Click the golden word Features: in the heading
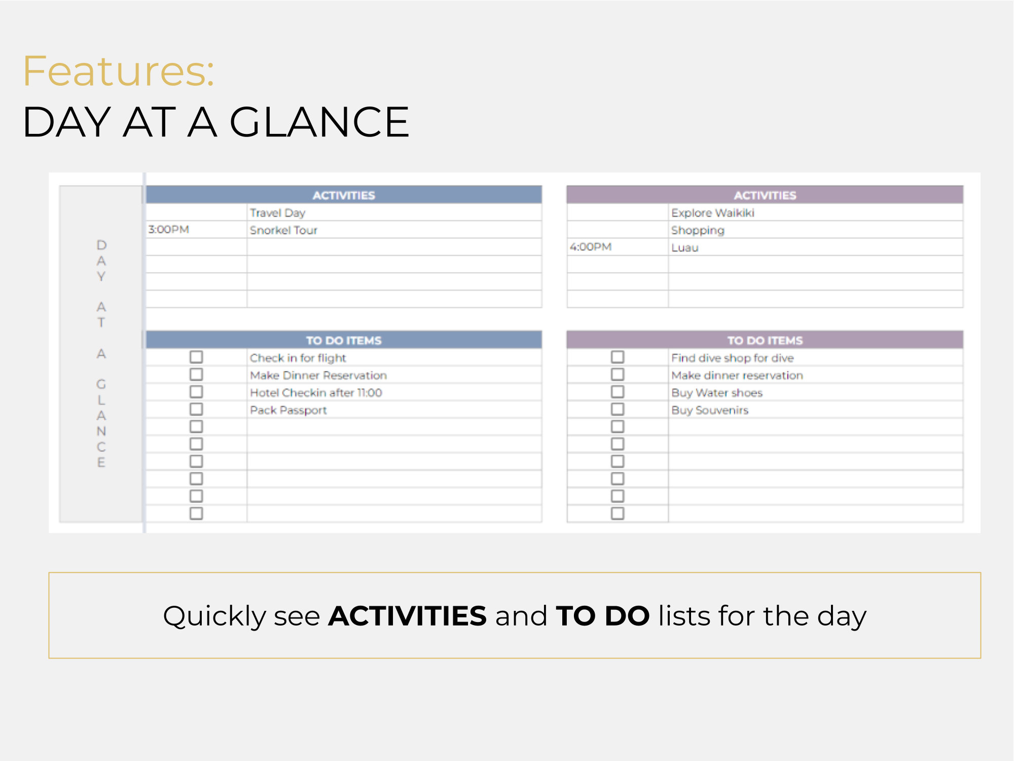click(x=119, y=71)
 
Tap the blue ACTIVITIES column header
click(x=344, y=195)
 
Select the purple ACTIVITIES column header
click(x=765, y=195)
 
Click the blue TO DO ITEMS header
click(x=344, y=340)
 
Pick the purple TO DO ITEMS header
click(x=765, y=340)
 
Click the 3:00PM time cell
click(x=169, y=229)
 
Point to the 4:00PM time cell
click(x=591, y=247)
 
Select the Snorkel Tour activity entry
click(x=283, y=230)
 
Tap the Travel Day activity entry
click(x=277, y=213)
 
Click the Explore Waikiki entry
click(x=712, y=213)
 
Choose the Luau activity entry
click(x=685, y=248)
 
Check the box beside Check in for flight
click(x=196, y=357)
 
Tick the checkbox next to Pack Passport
click(x=196, y=409)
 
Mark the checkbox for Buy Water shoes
click(x=618, y=392)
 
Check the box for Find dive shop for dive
click(x=618, y=357)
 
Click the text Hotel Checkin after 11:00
click(x=316, y=393)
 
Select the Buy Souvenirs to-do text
click(x=710, y=410)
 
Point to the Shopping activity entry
click(x=698, y=230)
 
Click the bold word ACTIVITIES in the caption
click(x=407, y=616)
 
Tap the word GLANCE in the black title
click(x=319, y=122)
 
